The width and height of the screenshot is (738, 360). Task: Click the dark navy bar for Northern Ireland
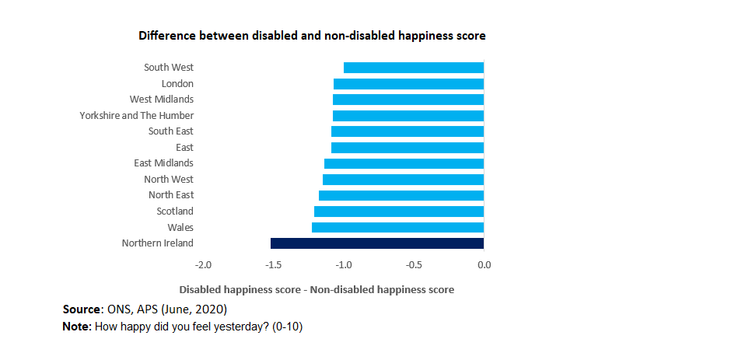tap(377, 243)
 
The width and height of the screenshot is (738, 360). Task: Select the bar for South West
tap(414, 68)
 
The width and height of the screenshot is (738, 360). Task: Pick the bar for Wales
tap(397, 227)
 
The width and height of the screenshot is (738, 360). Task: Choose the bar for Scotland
tap(399, 211)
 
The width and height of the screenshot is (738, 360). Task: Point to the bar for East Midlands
tap(404, 163)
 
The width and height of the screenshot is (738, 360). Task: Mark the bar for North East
tap(401, 195)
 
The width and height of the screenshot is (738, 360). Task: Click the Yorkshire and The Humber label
tap(136, 116)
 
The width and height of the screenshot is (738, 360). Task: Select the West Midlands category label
tap(161, 100)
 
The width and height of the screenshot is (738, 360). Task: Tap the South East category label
tap(171, 131)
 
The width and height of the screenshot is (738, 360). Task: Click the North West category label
tap(169, 180)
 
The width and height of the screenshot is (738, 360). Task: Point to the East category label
tap(184, 148)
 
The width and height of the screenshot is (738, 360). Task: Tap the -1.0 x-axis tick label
tap(343, 265)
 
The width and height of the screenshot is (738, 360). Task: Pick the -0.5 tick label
tap(414, 265)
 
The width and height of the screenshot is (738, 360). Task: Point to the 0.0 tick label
tap(484, 265)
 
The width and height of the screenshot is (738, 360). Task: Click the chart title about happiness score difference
tap(312, 36)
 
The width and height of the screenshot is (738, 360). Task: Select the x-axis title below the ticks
tap(317, 289)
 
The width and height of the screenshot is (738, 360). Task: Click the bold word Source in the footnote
tap(82, 309)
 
